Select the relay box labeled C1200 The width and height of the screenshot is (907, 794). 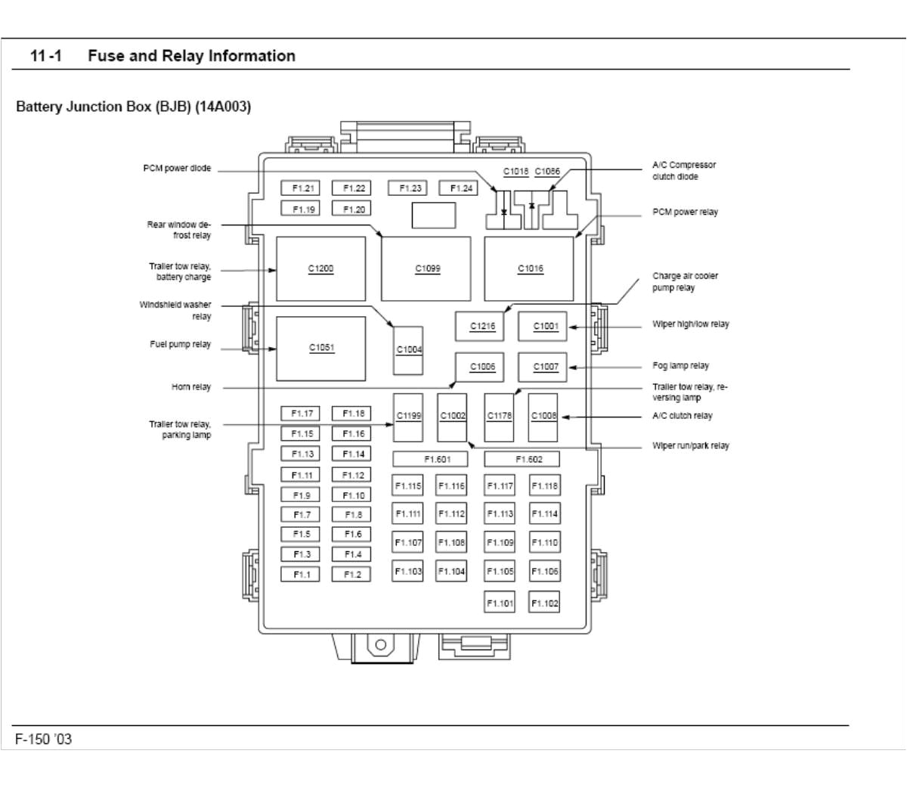tap(320, 268)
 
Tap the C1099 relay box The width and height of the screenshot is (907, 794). tap(426, 268)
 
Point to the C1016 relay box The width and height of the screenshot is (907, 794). tap(529, 268)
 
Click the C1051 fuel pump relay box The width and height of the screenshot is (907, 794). tap(320, 349)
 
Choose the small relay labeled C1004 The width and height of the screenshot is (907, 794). tap(409, 350)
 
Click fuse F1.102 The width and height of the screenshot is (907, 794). tap(544, 603)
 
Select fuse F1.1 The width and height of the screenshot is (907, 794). tap(301, 575)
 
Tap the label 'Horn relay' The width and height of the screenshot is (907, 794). tap(191, 387)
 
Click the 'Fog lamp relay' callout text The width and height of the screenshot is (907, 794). tap(680, 366)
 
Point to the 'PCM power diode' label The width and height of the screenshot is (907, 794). tap(177, 169)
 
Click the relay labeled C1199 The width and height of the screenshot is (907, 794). tap(409, 417)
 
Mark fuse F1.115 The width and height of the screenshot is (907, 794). tap(407, 486)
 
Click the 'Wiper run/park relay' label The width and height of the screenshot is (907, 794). tap(690, 446)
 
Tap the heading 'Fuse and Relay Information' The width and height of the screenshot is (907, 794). tap(191, 56)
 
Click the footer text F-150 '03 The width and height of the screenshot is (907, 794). tap(44, 739)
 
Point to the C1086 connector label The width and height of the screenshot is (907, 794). tap(547, 172)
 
